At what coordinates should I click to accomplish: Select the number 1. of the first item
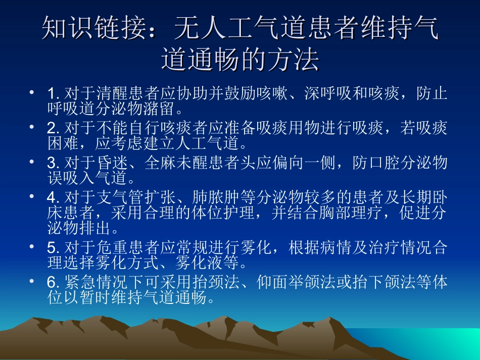pos(53,94)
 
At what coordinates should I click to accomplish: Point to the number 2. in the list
pos(53,129)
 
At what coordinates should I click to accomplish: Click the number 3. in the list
pos(53,163)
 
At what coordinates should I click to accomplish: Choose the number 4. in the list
pos(53,197)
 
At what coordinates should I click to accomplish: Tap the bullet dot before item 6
pos(32,282)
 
